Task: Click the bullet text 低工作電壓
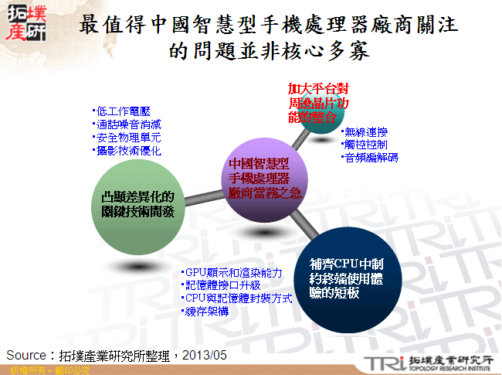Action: (120, 111)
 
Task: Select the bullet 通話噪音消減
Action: (125, 124)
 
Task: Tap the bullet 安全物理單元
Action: (125, 138)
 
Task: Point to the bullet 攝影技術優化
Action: (125, 151)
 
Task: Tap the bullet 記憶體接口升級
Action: (224, 285)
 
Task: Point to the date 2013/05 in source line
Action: (207, 354)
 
